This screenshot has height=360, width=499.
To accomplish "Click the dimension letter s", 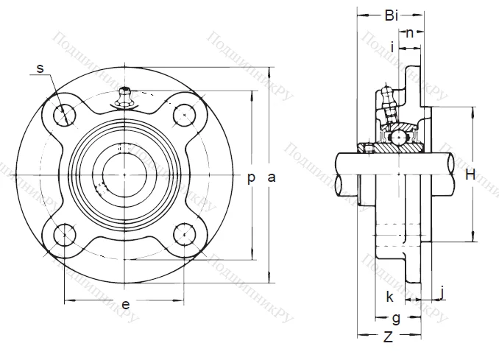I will coord(40,69).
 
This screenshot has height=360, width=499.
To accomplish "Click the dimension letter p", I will coord(252,177).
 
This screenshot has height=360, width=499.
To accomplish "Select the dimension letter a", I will coord(272,177).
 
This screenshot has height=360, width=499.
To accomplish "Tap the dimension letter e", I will coord(125,305).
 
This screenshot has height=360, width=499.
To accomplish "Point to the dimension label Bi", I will coord(392,15).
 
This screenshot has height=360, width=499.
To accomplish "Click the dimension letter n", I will coord(410,32).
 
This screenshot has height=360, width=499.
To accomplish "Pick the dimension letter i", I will coord(393,48).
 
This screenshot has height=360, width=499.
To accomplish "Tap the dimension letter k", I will coord(389,297).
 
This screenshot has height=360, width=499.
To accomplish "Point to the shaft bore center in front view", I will coord(124,174).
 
